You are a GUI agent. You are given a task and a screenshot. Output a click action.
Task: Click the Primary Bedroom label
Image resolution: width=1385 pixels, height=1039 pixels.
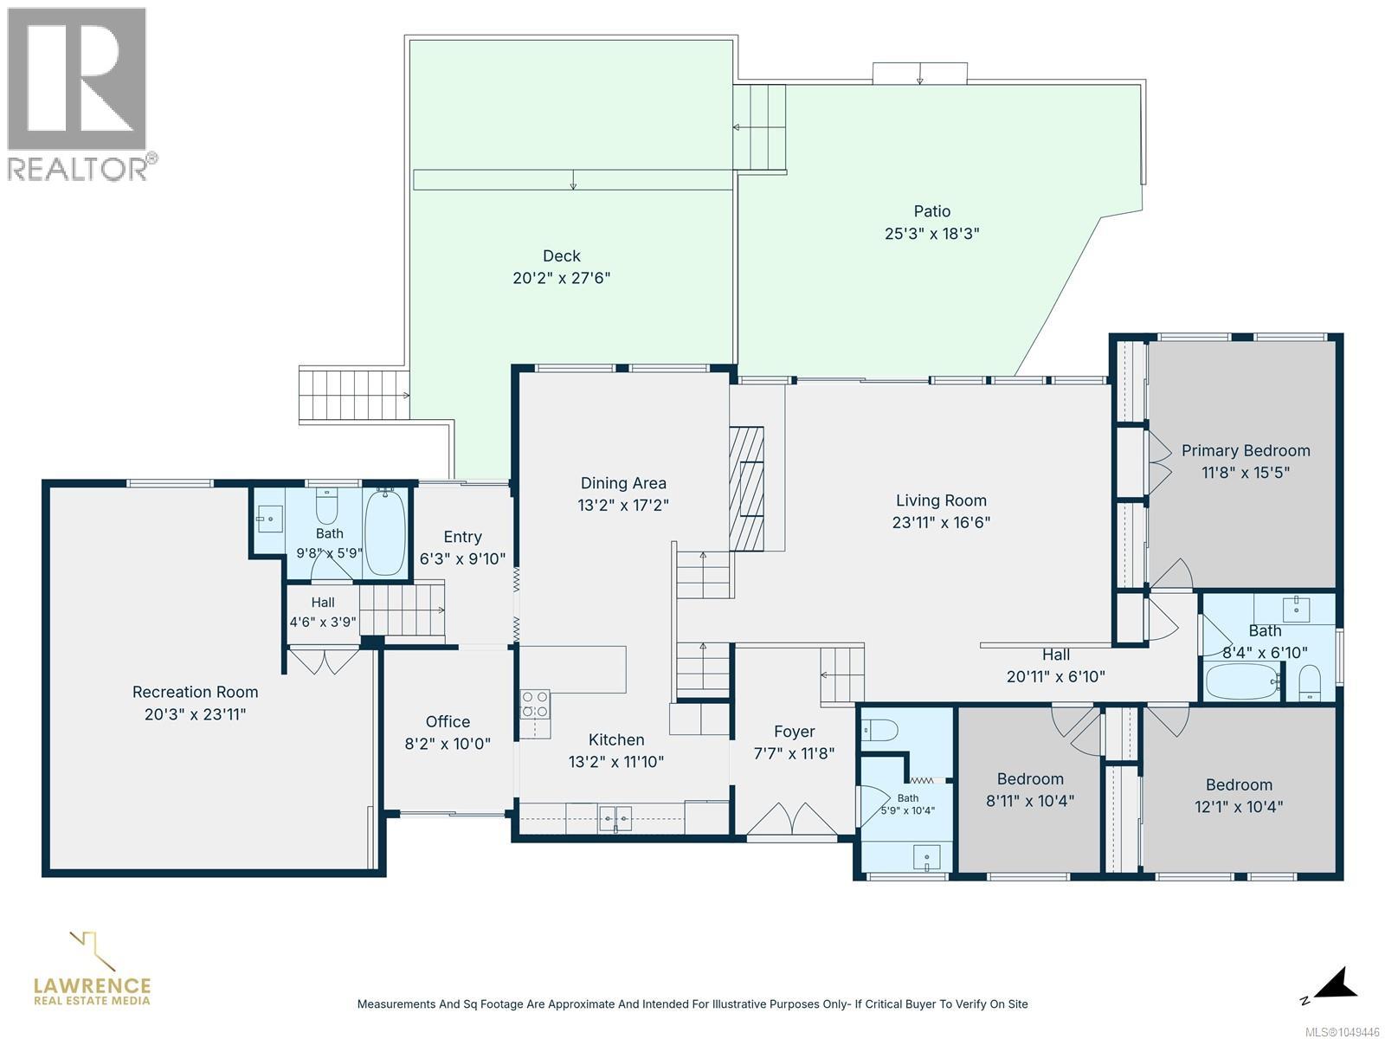[1245, 450]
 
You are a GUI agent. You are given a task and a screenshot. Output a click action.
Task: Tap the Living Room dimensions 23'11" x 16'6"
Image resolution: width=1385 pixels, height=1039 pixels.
[941, 522]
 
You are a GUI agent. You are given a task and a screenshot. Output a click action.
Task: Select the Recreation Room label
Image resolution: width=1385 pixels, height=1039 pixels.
[195, 692]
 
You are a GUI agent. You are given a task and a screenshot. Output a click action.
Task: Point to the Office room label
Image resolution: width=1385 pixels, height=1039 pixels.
[448, 722]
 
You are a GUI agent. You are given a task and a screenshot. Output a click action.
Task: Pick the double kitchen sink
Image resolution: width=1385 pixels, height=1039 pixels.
[615, 818]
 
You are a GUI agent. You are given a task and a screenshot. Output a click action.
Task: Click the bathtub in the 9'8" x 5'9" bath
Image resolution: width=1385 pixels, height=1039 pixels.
[385, 531]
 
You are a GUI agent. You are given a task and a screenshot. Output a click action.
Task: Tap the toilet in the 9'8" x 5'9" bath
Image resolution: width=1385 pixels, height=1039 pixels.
[326, 506]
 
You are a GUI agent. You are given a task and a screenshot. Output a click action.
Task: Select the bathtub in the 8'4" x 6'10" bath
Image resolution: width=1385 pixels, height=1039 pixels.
[1242, 682]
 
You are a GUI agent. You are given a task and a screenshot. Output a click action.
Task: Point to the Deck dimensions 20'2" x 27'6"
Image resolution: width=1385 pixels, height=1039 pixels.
[561, 278]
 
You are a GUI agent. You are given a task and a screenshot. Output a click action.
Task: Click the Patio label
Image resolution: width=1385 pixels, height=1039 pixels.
[932, 211]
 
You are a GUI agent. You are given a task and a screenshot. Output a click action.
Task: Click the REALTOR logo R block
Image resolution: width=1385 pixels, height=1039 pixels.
[77, 79]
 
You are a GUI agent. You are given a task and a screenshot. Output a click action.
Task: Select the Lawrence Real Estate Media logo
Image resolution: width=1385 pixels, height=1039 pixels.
[92, 968]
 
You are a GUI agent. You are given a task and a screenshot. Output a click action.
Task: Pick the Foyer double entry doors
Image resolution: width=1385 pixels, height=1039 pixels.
[792, 819]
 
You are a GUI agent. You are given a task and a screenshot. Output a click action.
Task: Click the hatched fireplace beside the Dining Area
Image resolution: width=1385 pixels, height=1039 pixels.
[746, 488]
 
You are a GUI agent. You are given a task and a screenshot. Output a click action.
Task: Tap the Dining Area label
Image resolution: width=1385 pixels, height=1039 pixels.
[622, 483]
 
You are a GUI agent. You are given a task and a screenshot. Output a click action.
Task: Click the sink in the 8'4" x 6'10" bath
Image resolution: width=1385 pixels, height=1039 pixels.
[1296, 608]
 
